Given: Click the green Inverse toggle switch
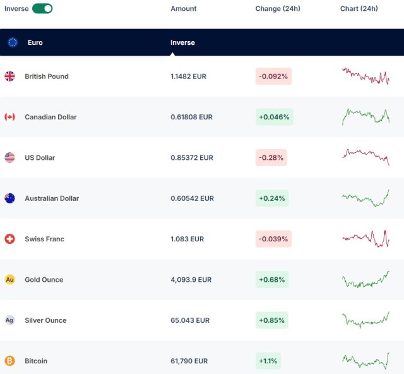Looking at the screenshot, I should coord(42,8).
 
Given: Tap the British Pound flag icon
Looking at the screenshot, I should coord(9,76).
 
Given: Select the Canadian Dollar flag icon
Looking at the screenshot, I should coord(9,117).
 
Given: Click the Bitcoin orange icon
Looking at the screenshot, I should coord(9,361).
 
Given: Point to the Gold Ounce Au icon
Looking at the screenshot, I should coord(9,279).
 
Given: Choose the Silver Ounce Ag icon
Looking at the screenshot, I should coord(9,320).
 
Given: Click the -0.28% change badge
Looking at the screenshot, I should coord(271,157).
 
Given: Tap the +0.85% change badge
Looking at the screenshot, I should coord(272,320).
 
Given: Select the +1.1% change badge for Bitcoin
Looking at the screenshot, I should coord(268,361).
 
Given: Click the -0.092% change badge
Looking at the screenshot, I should coord(274,76).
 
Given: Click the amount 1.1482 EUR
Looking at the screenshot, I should coord(188,76).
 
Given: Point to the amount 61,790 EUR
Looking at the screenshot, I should coord(189,361).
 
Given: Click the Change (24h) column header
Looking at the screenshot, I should coord(278,9).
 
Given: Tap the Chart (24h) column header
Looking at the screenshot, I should coord(359,9).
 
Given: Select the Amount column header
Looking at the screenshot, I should coord(184,9).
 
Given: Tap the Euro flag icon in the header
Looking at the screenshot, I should coord(13,42).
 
